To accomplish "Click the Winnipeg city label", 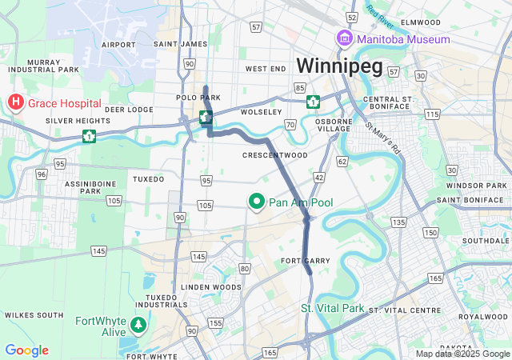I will pyautogui.click(x=339, y=65).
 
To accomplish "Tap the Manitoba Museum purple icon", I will pyautogui.click(x=344, y=38).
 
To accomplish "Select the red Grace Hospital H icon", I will pyautogui.click(x=15, y=102).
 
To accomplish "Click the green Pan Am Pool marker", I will pyautogui.click(x=257, y=202).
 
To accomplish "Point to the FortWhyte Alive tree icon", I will pyautogui.click(x=139, y=325).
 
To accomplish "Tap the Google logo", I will pyautogui.click(x=26, y=350).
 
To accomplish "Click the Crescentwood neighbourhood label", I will pyautogui.click(x=274, y=154).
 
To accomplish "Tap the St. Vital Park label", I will pyautogui.click(x=332, y=308).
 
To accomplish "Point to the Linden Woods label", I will pyautogui.click(x=211, y=286).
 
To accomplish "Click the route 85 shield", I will pyautogui.click(x=300, y=87).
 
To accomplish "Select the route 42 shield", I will pyautogui.click(x=318, y=176).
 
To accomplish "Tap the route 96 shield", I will pyautogui.click(x=41, y=173).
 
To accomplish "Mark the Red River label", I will pyautogui.click(x=382, y=15).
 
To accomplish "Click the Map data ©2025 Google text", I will pyautogui.click(x=462, y=354).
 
